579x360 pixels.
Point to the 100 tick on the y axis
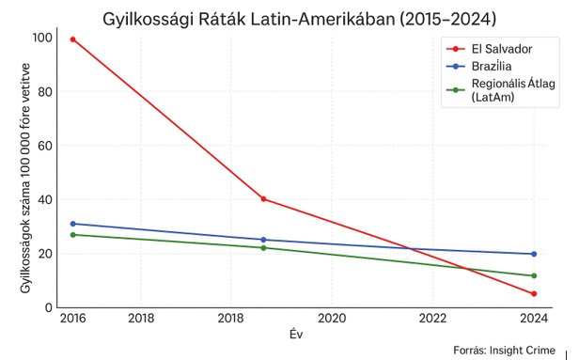(x=41, y=39)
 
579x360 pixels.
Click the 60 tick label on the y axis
(x=45, y=146)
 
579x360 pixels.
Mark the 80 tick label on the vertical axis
(x=45, y=92)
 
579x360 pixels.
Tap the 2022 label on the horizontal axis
(x=432, y=319)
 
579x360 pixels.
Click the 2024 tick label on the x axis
(x=533, y=319)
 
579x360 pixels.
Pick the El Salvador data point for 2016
(x=72, y=39)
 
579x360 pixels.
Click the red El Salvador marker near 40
(x=263, y=198)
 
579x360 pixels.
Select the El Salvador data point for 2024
(x=534, y=293)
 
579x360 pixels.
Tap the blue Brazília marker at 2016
(x=72, y=224)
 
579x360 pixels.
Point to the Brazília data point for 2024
(x=534, y=254)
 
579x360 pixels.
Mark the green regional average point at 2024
(x=534, y=275)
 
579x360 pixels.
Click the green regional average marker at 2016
(x=72, y=234)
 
